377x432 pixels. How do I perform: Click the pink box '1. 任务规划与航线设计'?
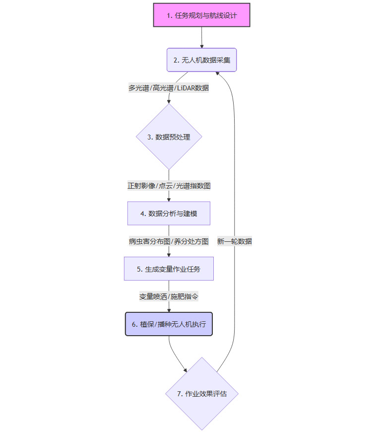pyautogui.click(x=201, y=15)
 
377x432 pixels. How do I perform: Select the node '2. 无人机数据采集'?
pyautogui.click(x=201, y=60)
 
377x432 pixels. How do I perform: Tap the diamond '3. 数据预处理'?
pyautogui.click(x=169, y=137)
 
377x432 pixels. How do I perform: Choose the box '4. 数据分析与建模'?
pyautogui.click(x=169, y=214)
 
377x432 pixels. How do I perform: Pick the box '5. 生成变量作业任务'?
pyautogui.click(x=169, y=269)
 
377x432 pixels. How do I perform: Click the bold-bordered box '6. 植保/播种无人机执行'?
pyautogui.click(x=169, y=324)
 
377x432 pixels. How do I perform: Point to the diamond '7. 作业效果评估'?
pyautogui.click(x=202, y=394)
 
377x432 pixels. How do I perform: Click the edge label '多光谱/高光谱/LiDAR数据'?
pyautogui.click(x=169, y=88)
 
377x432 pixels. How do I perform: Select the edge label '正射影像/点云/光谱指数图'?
pyautogui.click(x=169, y=186)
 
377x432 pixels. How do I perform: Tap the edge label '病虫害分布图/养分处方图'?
pyautogui.click(x=169, y=241)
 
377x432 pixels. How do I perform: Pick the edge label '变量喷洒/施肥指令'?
pyautogui.click(x=169, y=296)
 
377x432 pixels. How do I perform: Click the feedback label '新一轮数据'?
pyautogui.click(x=234, y=241)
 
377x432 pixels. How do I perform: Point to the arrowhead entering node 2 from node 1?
pyautogui.click(x=202, y=46)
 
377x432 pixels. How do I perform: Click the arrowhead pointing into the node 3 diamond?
pyautogui.click(x=169, y=101)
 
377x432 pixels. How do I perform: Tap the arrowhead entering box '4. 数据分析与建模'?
pyautogui.click(x=169, y=199)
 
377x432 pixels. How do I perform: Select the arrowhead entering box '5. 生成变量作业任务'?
pyautogui.click(x=169, y=254)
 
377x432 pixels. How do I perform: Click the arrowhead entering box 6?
pyautogui.click(x=169, y=310)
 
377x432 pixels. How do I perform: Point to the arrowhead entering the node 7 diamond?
pyautogui.click(x=185, y=370)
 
